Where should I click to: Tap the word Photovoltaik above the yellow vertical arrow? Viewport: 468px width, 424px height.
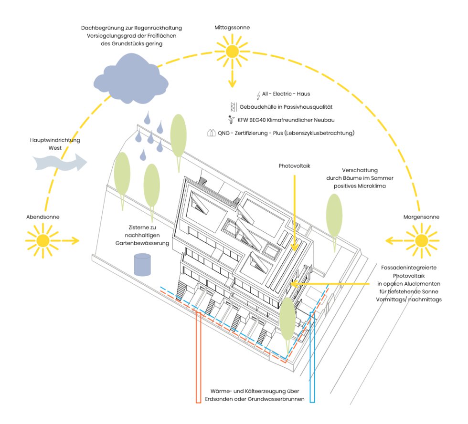click(x=295, y=166)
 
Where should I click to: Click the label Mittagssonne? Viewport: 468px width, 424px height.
click(x=232, y=27)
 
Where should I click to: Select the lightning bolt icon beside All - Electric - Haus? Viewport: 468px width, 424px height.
click(x=258, y=95)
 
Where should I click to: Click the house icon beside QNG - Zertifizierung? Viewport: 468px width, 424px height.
click(x=212, y=134)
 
